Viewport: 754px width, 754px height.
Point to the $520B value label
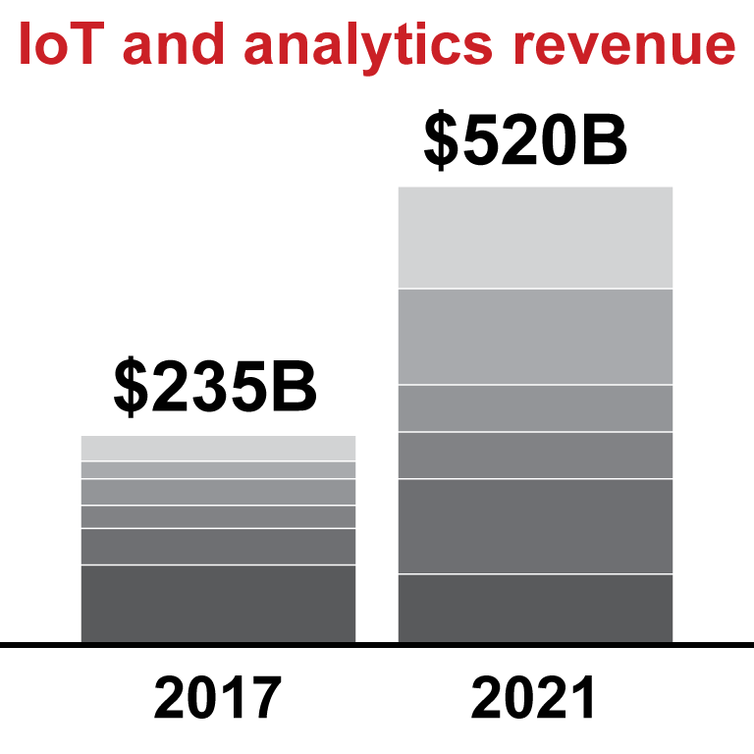[x=525, y=140]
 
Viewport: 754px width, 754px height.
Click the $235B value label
[x=215, y=388]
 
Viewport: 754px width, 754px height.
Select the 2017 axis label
[x=217, y=699]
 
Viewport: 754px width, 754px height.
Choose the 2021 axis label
[x=534, y=699]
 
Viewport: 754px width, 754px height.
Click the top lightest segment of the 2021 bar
[x=535, y=238]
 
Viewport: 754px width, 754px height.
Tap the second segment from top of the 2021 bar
[x=535, y=337]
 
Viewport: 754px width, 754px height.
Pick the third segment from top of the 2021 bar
[x=535, y=408]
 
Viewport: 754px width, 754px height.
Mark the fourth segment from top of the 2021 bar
[x=535, y=456]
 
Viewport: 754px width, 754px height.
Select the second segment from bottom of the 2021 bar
[x=535, y=526]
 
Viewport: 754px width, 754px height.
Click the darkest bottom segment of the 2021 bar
[x=535, y=609]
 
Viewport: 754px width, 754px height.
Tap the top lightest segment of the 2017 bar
[x=218, y=449]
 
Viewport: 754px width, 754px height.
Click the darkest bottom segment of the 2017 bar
[x=218, y=604]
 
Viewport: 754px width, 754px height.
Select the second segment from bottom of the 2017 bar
[x=218, y=547]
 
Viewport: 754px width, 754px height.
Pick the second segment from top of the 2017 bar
[x=218, y=470]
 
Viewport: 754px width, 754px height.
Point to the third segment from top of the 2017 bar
[x=218, y=492]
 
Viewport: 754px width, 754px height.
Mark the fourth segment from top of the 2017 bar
[x=218, y=516]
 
